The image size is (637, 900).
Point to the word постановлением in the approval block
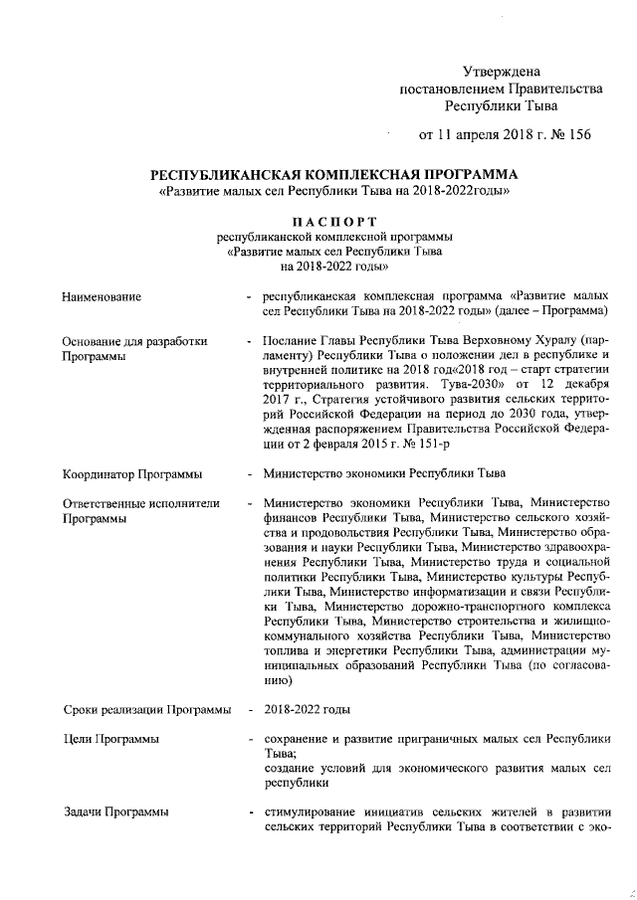(x=446, y=89)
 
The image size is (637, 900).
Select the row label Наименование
(x=101, y=296)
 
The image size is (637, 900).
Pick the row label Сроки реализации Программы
(x=146, y=710)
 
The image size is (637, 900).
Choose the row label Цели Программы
(x=109, y=740)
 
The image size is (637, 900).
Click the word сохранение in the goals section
(x=299, y=740)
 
